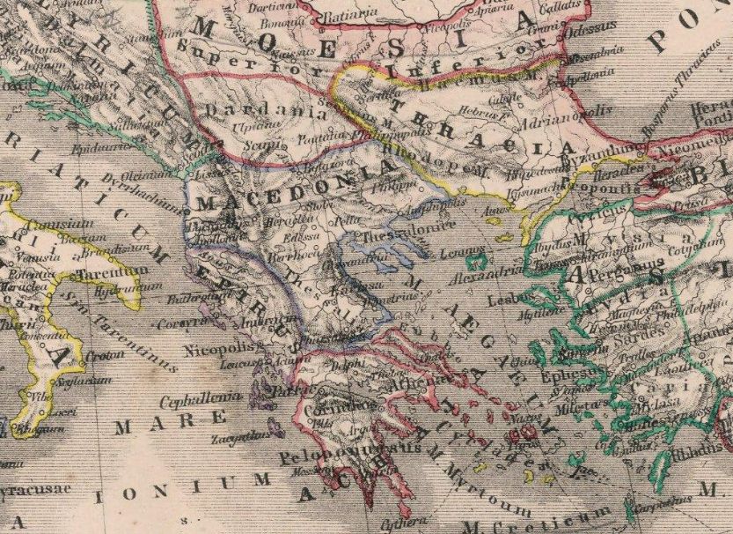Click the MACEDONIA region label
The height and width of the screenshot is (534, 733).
point(290,189)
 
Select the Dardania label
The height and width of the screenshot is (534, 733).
point(238,113)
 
